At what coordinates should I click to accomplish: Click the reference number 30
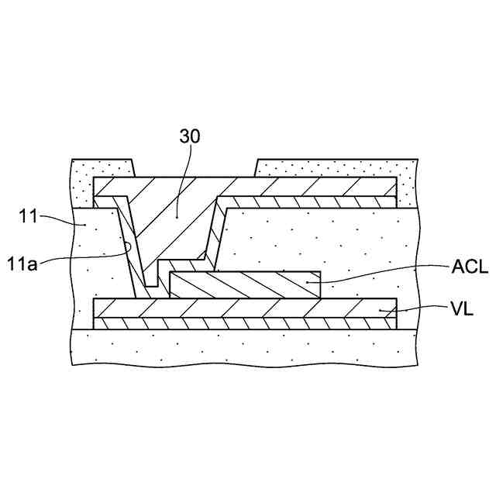click(x=189, y=136)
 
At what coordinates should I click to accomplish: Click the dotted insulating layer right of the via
click(x=325, y=240)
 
